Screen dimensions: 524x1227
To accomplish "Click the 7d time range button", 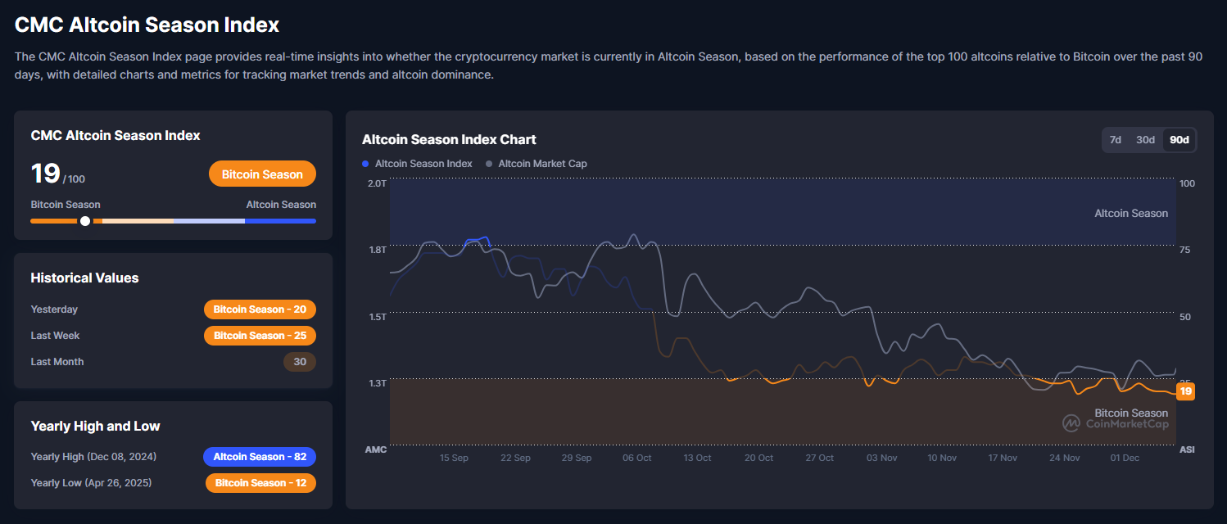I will [x=1115, y=140].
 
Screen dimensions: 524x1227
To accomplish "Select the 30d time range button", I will [x=1145, y=140].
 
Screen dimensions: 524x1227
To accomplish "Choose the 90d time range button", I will [x=1179, y=140].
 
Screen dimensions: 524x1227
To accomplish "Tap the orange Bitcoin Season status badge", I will [x=262, y=174].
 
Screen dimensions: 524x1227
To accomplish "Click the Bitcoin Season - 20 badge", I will [x=260, y=309].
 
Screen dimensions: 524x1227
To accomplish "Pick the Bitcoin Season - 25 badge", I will [x=260, y=336].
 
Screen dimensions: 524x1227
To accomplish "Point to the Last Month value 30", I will [x=299, y=362].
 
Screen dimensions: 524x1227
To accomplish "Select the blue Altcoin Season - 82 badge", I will [x=260, y=457].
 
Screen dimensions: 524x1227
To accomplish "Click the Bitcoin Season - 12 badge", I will [x=260, y=483].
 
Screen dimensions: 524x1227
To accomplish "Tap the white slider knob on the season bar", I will [x=85, y=221].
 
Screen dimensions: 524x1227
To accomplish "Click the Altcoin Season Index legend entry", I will [x=418, y=164].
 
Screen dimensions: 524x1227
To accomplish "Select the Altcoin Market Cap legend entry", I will [x=537, y=164].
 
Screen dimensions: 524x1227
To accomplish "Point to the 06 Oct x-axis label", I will [x=637, y=458].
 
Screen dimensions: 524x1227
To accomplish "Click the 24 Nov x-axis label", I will [x=1064, y=458].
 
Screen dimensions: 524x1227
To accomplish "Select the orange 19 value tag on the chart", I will [x=1185, y=391].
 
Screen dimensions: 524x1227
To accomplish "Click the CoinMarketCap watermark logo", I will [x=1071, y=423].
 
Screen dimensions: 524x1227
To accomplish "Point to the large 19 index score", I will [x=45, y=174].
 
